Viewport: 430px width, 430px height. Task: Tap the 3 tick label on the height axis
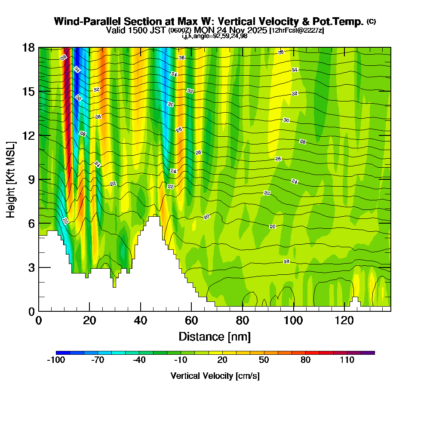tap(31, 267)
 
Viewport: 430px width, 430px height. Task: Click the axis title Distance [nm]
tap(215, 336)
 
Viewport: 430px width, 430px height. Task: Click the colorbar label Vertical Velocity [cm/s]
tap(215, 376)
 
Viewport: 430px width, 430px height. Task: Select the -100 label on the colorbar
tap(55, 360)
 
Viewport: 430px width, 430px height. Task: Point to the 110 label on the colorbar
tap(347, 360)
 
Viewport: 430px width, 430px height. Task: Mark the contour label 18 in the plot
tap(286, 261)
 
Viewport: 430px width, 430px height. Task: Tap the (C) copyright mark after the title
tap(371, 21)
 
